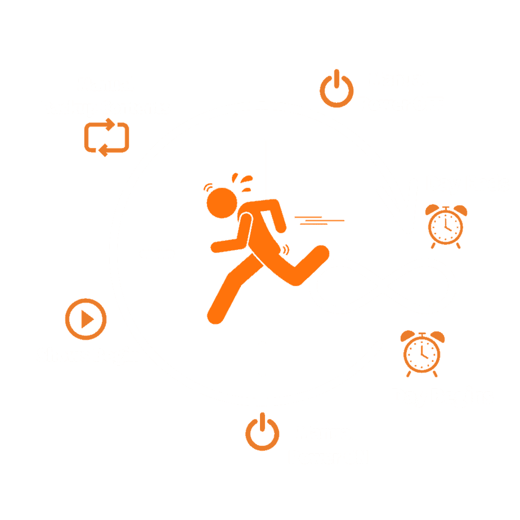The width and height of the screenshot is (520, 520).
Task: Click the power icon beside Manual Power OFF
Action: [x=337, y=89]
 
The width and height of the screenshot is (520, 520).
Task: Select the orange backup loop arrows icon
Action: [x=107, y=137]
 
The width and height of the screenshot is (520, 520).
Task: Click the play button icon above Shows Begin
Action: [x=86, y=319]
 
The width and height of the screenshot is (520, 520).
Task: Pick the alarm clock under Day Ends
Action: [x=445, y=226]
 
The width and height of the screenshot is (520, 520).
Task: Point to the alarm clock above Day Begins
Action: [x=422, y=353]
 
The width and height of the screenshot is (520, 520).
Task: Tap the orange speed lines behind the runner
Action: [x=319, y=220]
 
